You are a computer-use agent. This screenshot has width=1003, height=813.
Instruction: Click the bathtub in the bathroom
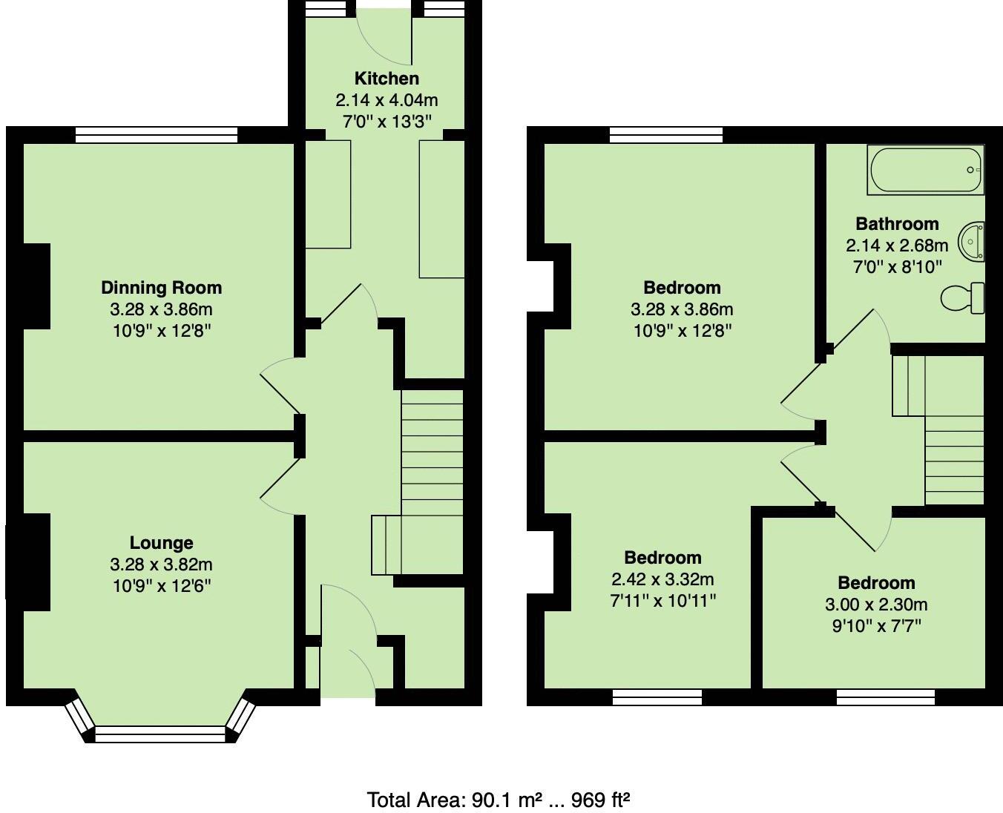pyautogui.click(x=926, y=171)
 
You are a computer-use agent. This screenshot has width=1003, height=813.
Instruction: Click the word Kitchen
pyautogui.click(x=387, y=79)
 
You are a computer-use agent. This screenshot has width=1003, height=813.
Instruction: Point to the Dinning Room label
pyautogui.click(x=161, y=288)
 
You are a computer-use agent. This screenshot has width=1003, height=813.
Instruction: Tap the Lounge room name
pyautogui.click(x=161, y=543)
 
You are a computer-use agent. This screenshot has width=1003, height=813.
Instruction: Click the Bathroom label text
pyautogui.click(x=897, y=224)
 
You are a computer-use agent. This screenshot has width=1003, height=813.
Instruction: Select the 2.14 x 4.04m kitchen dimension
pyautogui.click(x=387, y=100)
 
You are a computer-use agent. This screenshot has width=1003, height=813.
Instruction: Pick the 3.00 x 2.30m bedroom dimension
pyautogui.click(x=876, y=605)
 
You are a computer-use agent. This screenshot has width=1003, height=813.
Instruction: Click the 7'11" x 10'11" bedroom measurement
pyautogui.click(x=662, y=600)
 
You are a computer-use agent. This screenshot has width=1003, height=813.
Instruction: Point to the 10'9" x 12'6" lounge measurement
pyautogui.click(x=161, y=586)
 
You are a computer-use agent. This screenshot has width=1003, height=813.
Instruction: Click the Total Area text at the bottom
pyautogui.click(x=499, y=800)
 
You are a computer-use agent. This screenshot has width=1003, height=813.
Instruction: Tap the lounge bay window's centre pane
pyautogui.click(x=160, y=734)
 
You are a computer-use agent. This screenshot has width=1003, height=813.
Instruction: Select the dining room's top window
pyautogui.click(x=157, y=135)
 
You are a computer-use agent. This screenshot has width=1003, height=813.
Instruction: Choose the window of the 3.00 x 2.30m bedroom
pyautogui.click(x=886, y=697)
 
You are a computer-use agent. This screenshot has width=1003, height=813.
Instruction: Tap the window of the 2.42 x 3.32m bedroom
pyautogui.click(x=657, y=697)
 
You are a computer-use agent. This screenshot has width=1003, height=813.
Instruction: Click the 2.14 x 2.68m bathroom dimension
pyautogui.click(x=897, y=246)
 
